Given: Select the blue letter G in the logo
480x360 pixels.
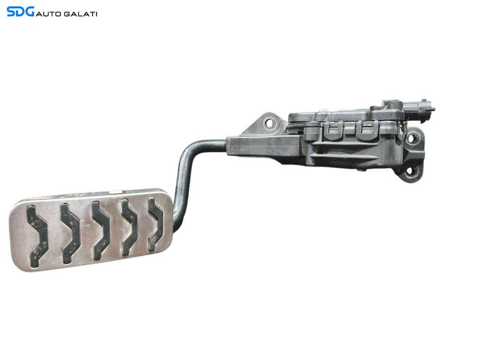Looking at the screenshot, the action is tap(30, 12).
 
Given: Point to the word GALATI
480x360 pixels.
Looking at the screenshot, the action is tap(80, 14).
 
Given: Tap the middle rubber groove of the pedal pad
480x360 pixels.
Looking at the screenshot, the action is tap(100, 230).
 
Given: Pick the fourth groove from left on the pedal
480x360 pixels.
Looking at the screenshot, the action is tap(130, 227).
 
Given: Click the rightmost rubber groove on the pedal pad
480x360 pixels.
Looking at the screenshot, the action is tap(155, 224).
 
